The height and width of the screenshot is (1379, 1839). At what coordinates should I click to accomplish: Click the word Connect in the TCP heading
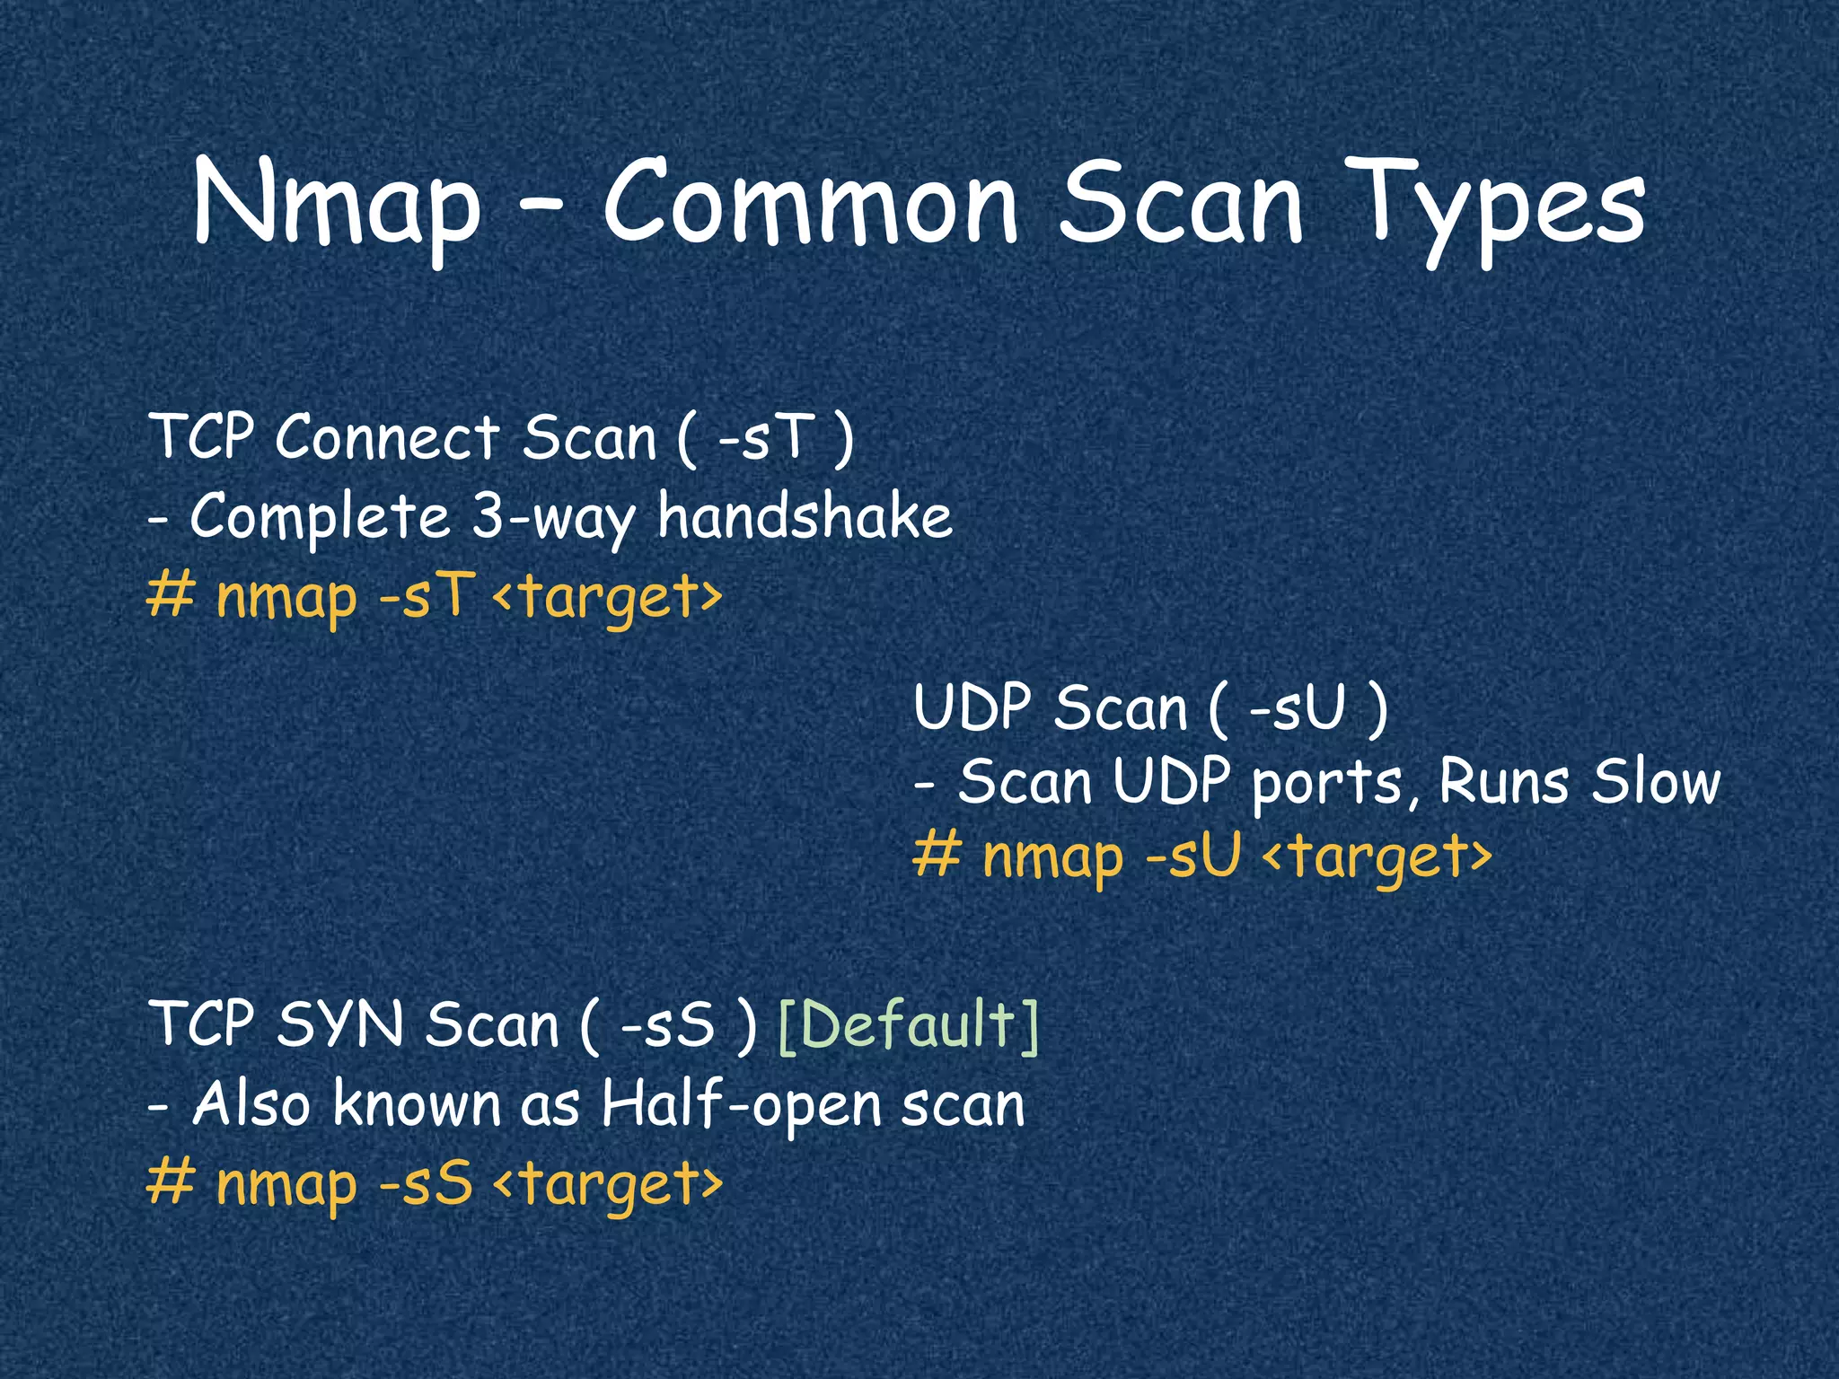coord(387,437)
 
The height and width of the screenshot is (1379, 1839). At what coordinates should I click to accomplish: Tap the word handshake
coord(805,516)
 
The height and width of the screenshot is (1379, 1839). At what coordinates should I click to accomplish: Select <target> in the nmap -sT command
coord(608,595)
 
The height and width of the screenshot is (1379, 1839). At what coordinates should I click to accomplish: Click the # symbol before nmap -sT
coord(171,594)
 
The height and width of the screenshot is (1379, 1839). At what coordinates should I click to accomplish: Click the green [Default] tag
coord(909,1024)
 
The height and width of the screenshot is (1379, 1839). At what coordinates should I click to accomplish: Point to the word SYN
coord(339,1024)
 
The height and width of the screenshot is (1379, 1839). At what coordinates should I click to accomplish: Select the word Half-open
coord(742,1104)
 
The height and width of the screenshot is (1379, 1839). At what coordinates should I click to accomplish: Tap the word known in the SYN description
coord(417,1103)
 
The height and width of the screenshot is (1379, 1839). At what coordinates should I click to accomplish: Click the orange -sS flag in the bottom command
coord(426,1183)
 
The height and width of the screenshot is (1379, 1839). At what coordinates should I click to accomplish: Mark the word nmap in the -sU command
coord(1051,857)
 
